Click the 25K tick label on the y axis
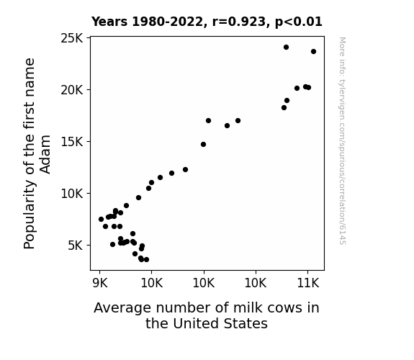click(x=72, y=38)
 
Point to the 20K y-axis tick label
click(x=72, y=90)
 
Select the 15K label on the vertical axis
click(x=72, y=142)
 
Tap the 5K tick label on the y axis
click(x=76, y=246)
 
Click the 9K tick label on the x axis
click(x=100, y=283)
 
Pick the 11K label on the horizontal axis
click(x=308, y=283)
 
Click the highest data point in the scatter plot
click(x=286, y=48)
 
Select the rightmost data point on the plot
click(x=313, y=52)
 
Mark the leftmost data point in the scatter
click(x=101, y=219)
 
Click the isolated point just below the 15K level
click(x=203, y=145)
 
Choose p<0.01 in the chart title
click(x=299, y=22)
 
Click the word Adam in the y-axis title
click(x=45, y=155)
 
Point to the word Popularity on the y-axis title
click(x=29, y=215)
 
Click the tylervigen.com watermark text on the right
click(x=342, y=140)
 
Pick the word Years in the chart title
click(x=109, y=22)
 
